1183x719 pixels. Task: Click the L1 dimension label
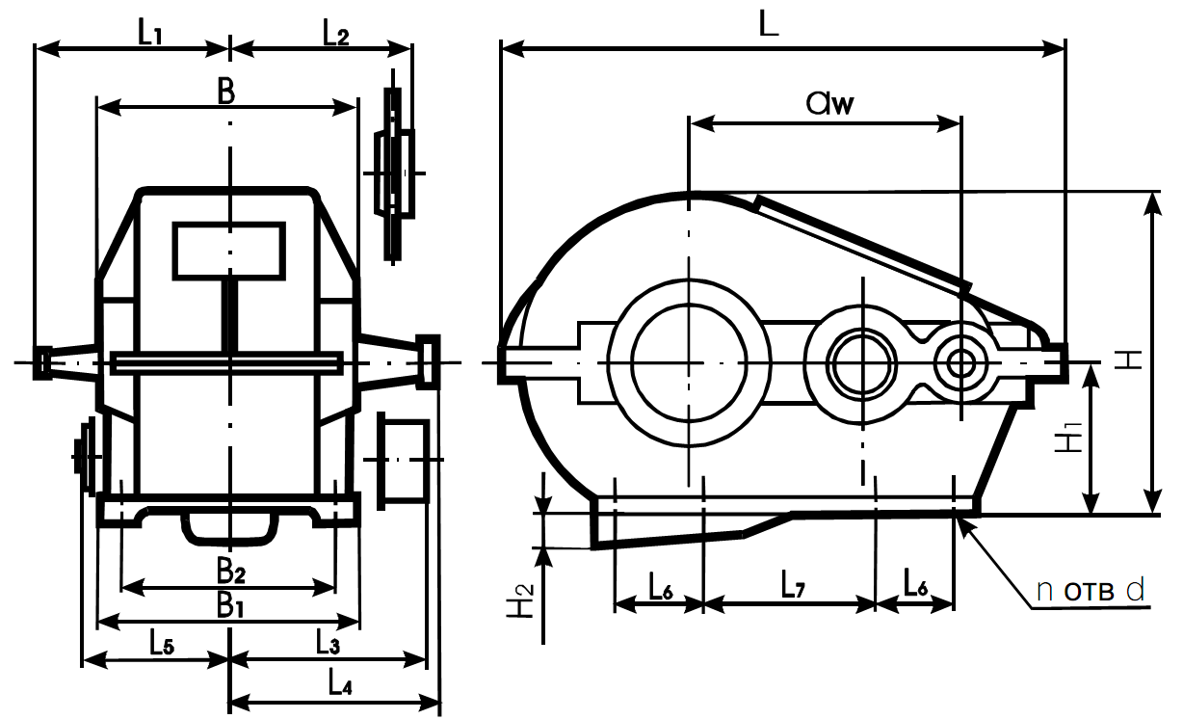pos(149,33)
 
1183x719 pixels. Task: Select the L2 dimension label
pos(335,33)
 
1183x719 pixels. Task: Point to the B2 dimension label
pos(230,573)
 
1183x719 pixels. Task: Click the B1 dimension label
pos(228,604)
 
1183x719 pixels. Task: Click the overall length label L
pos(768,27)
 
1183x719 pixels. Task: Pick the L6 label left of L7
pos(661,584)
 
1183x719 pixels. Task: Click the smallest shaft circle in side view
pos(960,363)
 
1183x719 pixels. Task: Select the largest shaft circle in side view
pos(689,362)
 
